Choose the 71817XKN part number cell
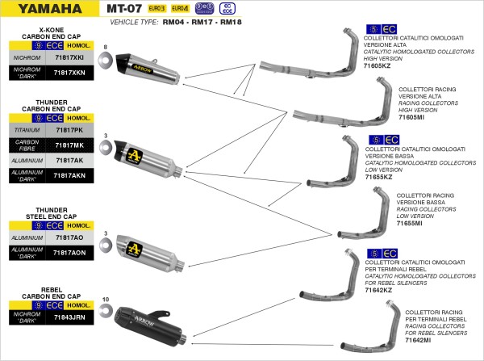pyautogui.click(x=69, y=73)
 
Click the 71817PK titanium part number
pyautogui.click(x=69, y=130)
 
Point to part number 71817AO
pyautogui.click(x=69, y=238)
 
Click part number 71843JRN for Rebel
pyautogui.click(x=69, y=319)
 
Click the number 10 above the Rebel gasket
pyautogui.click(x=106, y=299)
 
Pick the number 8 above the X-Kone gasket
pyautogui.click(x=106, y=48)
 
